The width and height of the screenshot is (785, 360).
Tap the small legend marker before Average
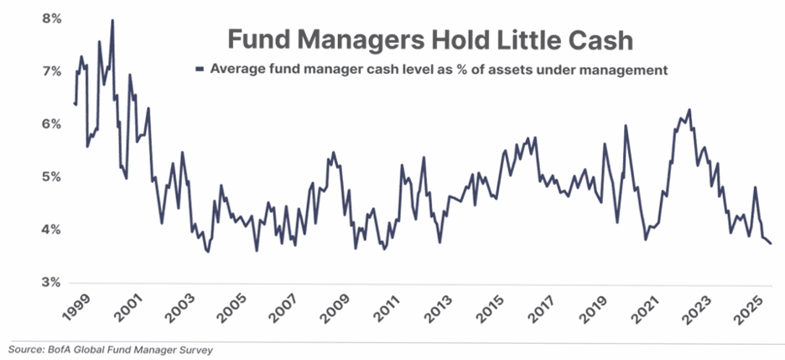click(199, 70)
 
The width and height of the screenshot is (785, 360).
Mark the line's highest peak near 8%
click(112, 20)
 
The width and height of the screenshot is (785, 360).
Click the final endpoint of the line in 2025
click(772, 243)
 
